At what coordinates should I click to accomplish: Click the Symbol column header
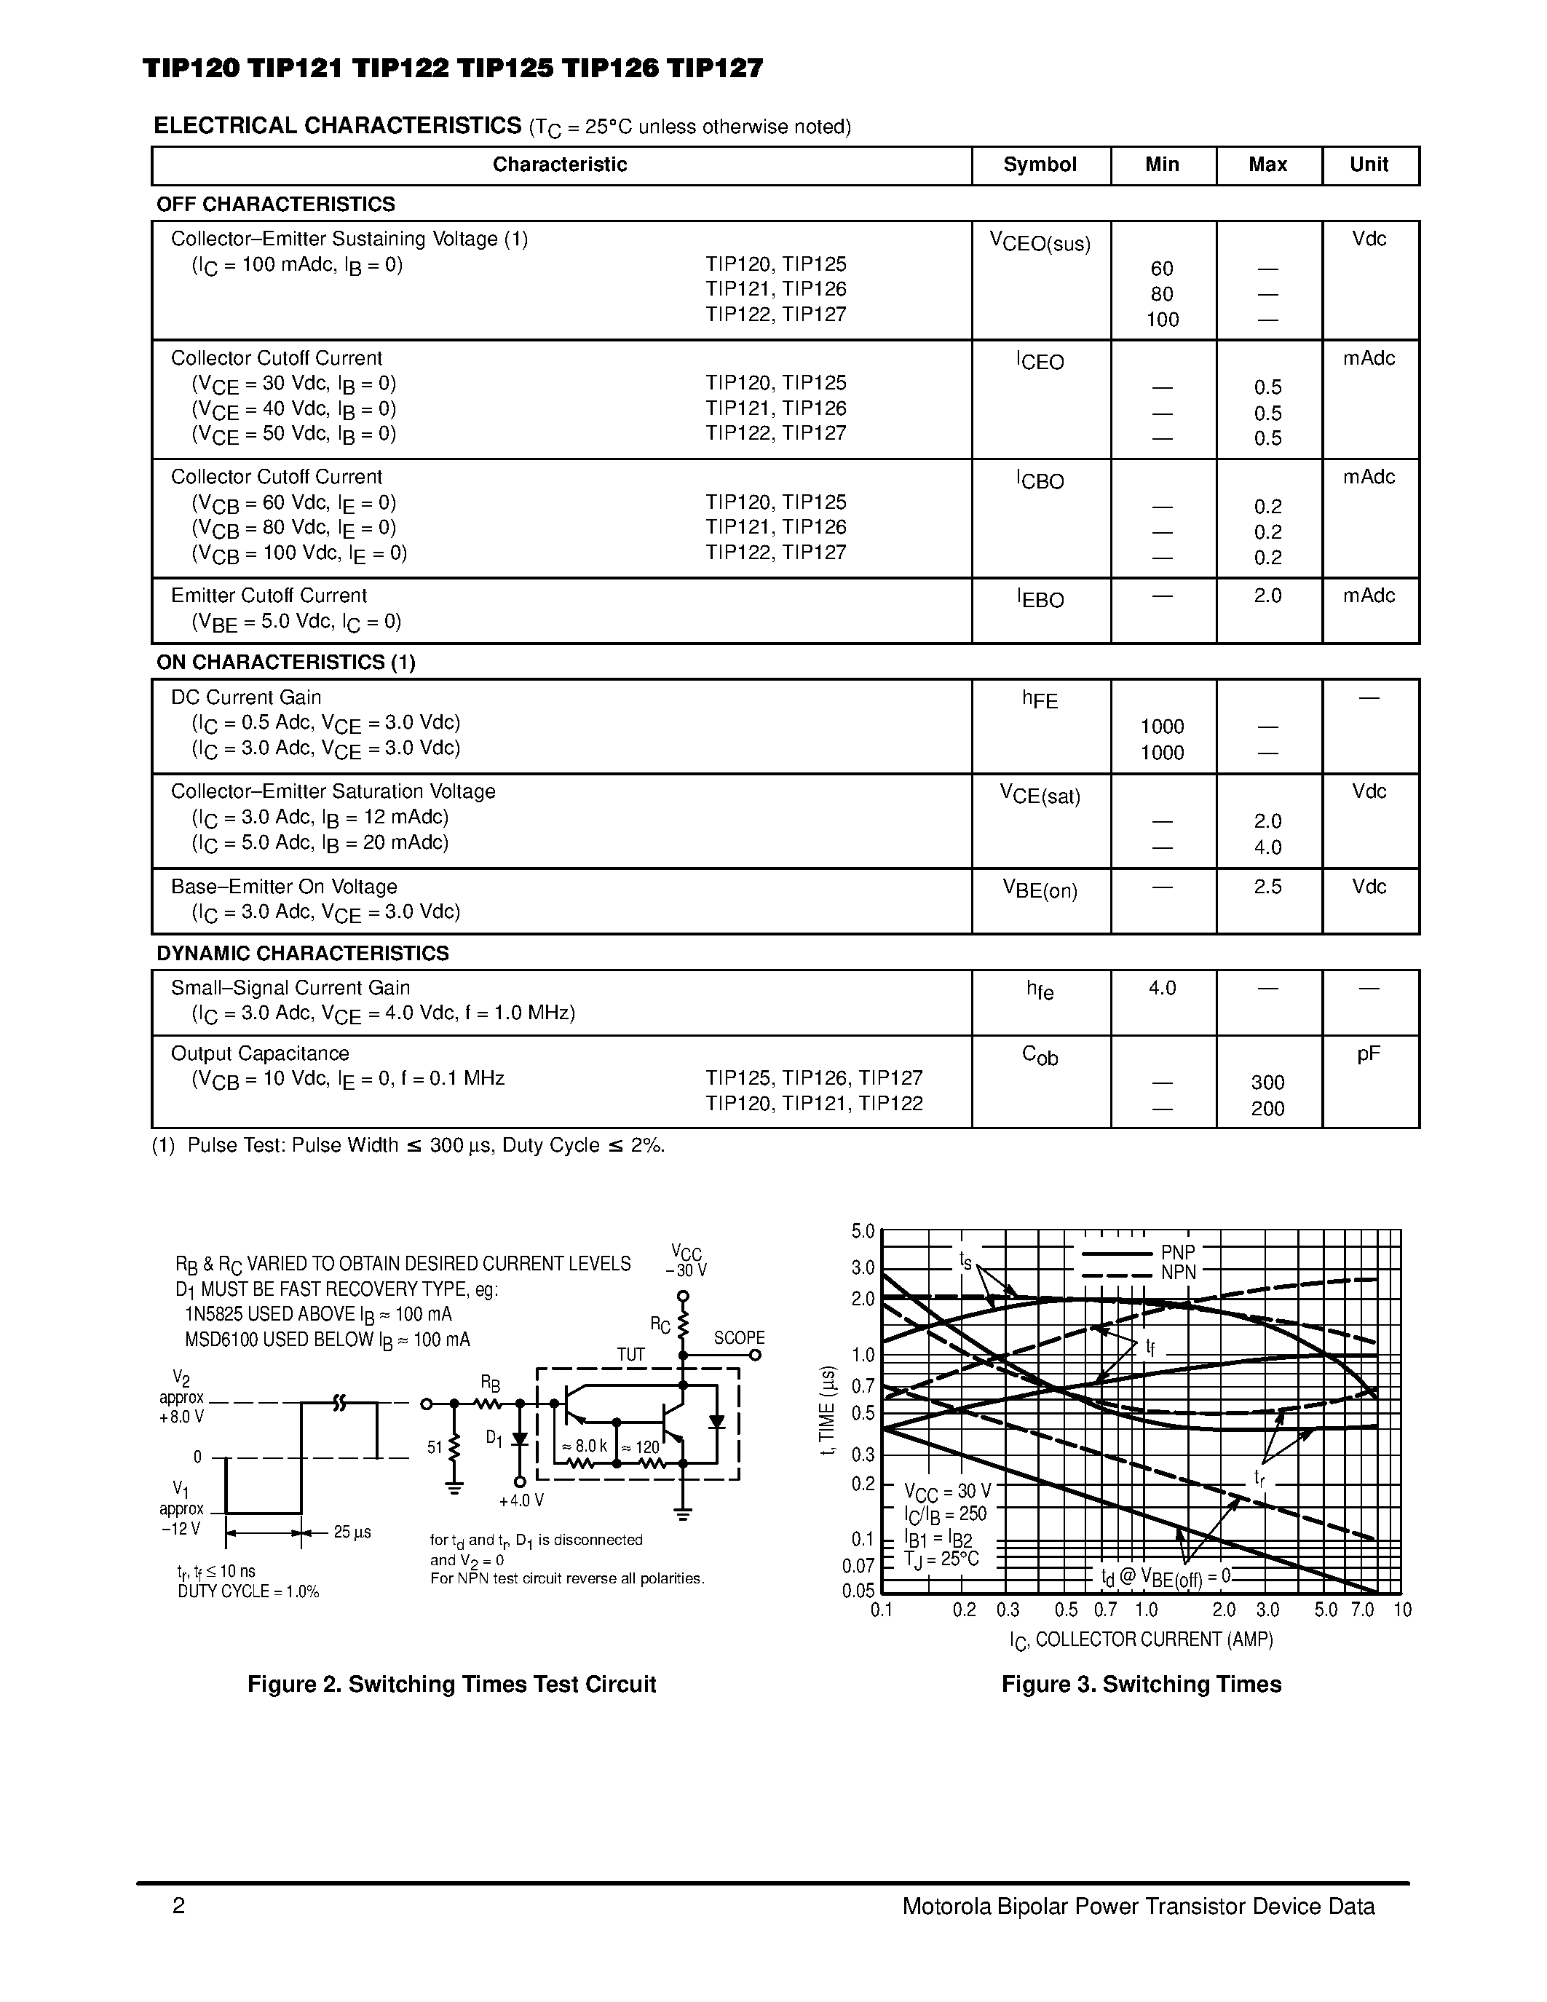[x=1040, y=165]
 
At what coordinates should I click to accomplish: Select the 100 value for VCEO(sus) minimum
[x=1162, y=320]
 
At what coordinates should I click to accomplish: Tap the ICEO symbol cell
[x=1040, y=361]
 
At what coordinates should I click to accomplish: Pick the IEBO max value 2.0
[x=1267, y=596]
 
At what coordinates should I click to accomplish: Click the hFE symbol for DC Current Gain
[x=1040, y=700]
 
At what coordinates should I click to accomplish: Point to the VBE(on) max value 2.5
[x=1267, y=887]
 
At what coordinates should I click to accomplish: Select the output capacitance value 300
[x=1267, y=1083]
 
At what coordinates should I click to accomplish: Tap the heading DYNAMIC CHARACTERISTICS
[x=302, y=954]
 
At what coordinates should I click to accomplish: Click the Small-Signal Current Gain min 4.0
[x=1162, y=988]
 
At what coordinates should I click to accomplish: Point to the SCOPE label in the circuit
[x=739, y=1338]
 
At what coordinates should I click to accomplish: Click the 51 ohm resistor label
[x=435, y=1447]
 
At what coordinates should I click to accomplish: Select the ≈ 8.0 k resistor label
[x=584, y=1447]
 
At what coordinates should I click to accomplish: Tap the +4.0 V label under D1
[x=521, y=1500]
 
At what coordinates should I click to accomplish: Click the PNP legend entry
[x=1178, y=1252]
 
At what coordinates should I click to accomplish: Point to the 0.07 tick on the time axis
[x=859, y=1566]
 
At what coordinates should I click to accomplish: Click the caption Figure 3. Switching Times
[x=1141, y=1684]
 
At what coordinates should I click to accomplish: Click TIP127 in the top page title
[x=715, y=68]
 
